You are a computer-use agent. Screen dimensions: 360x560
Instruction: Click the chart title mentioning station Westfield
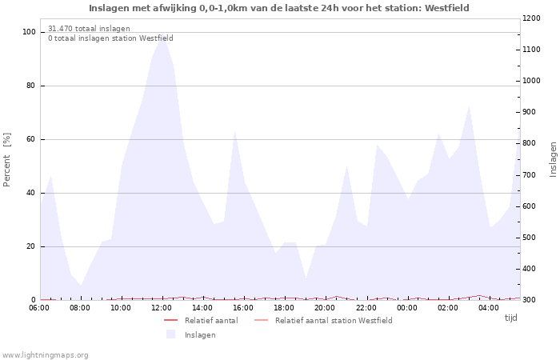click(x=279, y=8)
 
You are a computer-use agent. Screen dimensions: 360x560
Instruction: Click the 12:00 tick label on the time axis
click(x=162, y=307)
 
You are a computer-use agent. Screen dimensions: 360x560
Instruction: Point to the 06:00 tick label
click(x=40, y=307)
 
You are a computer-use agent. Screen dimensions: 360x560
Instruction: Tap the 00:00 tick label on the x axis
click(x=407, y=307)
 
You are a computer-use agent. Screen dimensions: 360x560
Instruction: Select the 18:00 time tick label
click(x=285, y=307)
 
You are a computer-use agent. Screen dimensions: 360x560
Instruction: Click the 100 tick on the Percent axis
click(x=30, y=32)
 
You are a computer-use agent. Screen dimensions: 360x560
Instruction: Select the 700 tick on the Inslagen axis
click(x=532, y=174)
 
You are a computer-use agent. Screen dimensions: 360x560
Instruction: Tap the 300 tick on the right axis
click(x=532, y=300)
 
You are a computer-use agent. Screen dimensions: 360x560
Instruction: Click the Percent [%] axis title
click(x=7, y=160)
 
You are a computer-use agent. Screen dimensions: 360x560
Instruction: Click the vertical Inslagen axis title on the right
click(x=553, y=159)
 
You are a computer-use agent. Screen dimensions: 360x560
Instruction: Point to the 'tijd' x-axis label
click(x=510, y=318)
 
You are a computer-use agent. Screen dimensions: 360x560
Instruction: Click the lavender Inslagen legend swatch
click(x=170, y=334)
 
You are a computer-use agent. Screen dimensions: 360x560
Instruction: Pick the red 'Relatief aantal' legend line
click(x=170, y=321)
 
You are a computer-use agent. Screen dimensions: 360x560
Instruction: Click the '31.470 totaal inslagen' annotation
click(x=89, y=29)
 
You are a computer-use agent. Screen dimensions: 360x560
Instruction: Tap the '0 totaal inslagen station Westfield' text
click(x=110, y=38)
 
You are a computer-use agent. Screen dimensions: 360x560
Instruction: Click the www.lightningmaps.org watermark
click(x=45, y=354)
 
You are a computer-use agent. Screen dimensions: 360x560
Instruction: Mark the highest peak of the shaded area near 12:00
click(x=162, y=36)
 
